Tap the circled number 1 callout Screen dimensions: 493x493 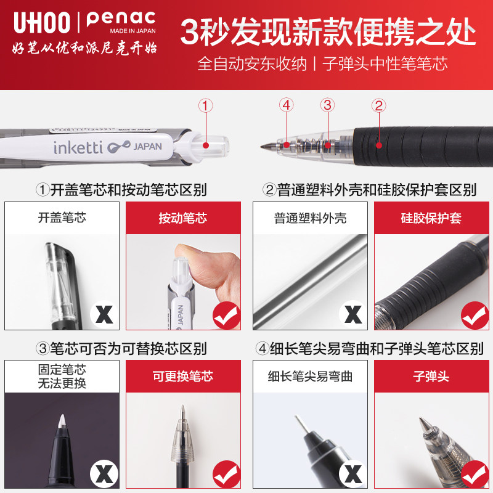pos(206,105)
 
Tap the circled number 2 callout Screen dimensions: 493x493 pos(379,105)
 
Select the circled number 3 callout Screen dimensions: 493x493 pos(327,105)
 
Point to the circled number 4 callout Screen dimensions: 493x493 pos(285,105)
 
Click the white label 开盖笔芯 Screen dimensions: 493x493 pos(62,218)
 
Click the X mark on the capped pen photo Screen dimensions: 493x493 pos(104,315)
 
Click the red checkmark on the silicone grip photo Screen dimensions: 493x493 pos(475,315)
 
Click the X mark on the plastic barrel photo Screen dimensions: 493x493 pos(352,315)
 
